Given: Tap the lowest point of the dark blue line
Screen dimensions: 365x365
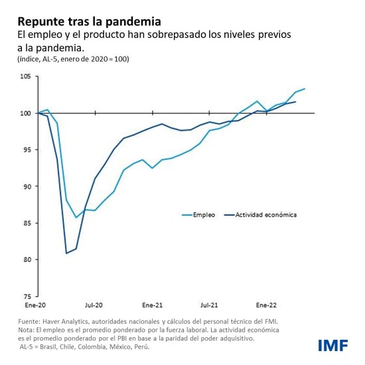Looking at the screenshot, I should pos(66,253).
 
